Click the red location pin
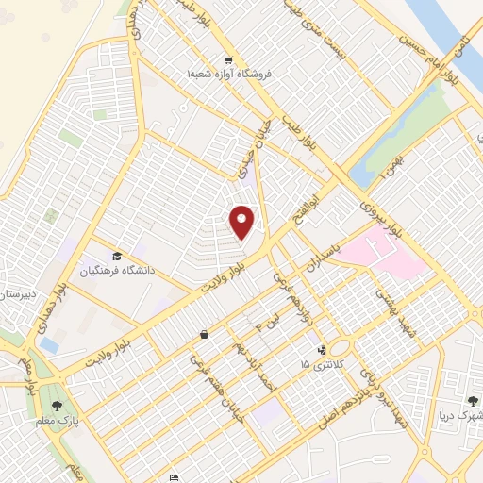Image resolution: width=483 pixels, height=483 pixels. click(242, 222)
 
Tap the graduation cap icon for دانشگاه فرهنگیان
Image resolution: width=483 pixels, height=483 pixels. click(116, 257)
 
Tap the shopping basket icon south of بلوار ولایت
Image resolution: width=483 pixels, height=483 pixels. click(205, 334)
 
